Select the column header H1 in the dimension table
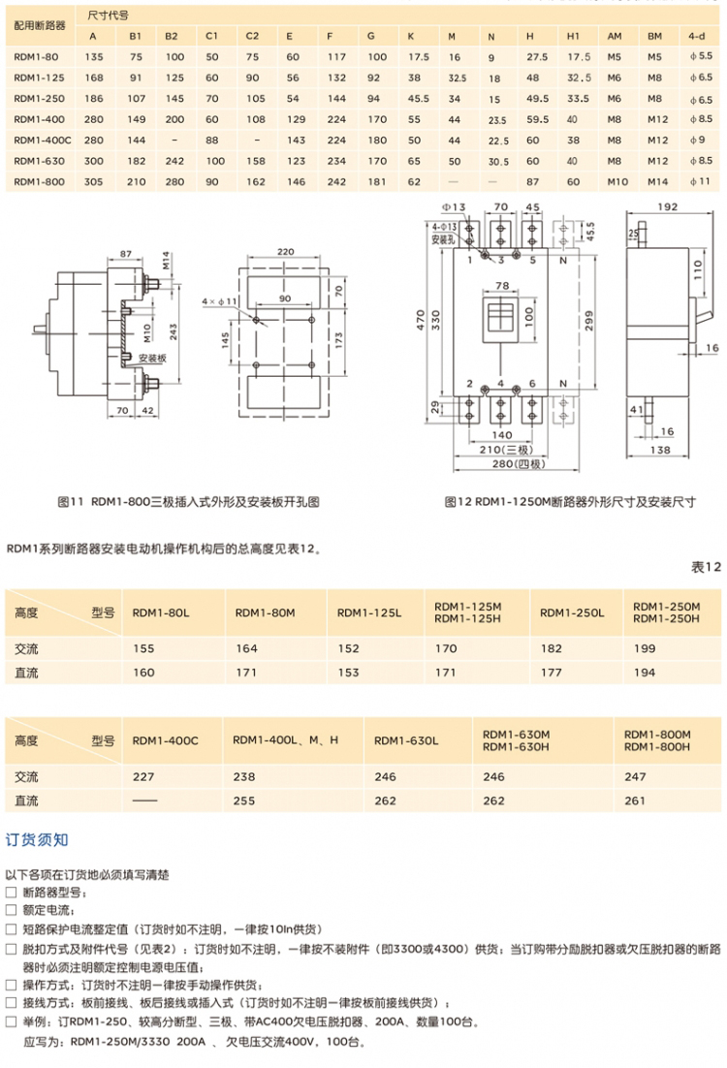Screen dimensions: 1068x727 point(573,36)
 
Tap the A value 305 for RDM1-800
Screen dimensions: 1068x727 point(94,181)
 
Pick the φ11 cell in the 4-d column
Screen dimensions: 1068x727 point(699,181)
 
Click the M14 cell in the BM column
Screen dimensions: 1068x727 point(656,181)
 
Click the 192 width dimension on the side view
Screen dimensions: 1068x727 point(666,206)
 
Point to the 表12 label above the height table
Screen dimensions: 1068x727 point(706,567)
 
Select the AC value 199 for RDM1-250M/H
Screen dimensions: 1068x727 point(644,648)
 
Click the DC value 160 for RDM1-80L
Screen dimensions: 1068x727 point(143,672)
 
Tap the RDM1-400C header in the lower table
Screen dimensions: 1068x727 point(165,740)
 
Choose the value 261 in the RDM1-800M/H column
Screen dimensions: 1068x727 point(635,801)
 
